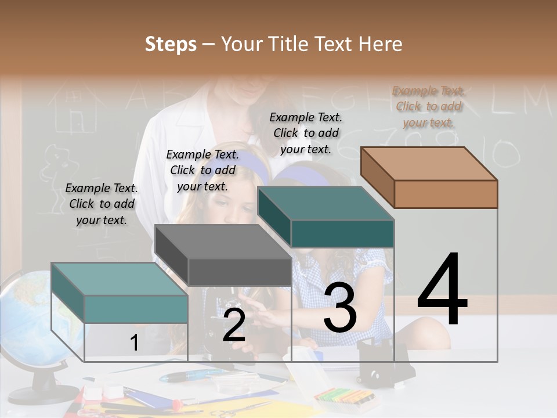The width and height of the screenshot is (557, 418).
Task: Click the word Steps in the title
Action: coord(171,44)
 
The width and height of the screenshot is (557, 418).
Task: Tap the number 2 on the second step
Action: coord(234,326)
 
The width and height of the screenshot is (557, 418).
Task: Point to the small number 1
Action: coord(134,343)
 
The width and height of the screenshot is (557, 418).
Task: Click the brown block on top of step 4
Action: coord(429,177)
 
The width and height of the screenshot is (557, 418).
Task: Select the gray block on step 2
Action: coord(223,255)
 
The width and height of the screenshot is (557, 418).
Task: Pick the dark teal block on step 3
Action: coord(326,217)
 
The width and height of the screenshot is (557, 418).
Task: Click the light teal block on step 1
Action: coord(120,293)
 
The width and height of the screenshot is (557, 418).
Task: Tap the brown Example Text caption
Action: coord(429,107)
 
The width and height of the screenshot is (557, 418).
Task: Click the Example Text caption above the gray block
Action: coord(202,170)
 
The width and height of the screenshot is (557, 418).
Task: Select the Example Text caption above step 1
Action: coord(102,204)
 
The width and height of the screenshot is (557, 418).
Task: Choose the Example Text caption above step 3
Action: coord(306,133)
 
